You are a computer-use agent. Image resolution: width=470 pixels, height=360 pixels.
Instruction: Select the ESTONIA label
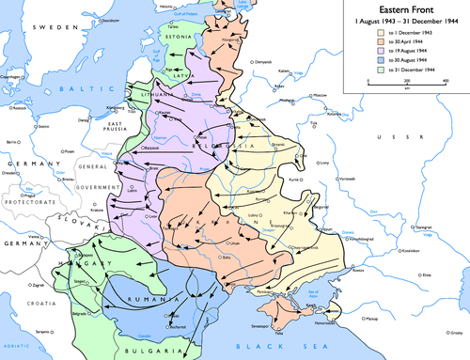coord(184,40)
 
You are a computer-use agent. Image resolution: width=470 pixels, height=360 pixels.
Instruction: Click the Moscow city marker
coord(310,95)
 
